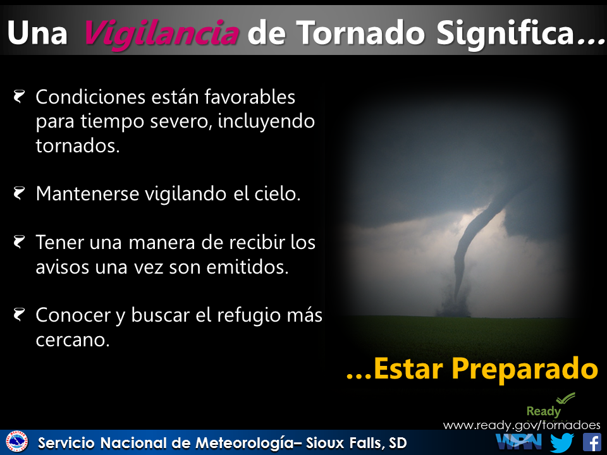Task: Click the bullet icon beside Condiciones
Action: tap(20, 97)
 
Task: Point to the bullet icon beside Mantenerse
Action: tap(20, 193)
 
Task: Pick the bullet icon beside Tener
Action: tap(20, 241)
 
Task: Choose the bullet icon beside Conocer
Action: tap(20, 314)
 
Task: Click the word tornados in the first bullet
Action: tap(77, 146)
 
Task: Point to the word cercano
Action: tap(73, 340)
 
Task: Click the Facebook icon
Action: tap(591, 442)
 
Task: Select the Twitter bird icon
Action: tap(561, 442)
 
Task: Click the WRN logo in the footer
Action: tap(518, 441)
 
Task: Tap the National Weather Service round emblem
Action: tap(16, 442)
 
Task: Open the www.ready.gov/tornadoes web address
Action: tap(522, 425)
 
